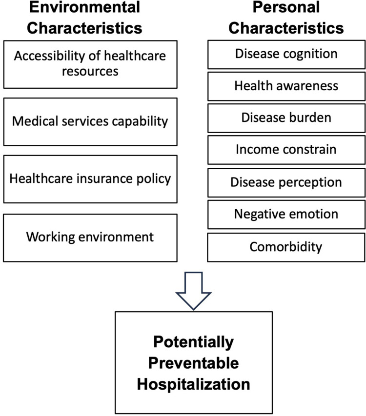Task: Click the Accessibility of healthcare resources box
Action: (x=90, y=64)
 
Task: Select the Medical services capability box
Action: (x=90, y=122)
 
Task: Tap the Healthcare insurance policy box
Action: (x=90, y=179)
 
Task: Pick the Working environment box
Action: (x=90, y=238)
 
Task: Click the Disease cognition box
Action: (x=286, y=55)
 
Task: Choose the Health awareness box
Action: (x=286, y=86)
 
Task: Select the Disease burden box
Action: (x=286, y=118)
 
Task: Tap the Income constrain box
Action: (x=286, y=150)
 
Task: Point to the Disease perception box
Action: (x=286, y=182)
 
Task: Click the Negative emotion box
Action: (x=286, y=215)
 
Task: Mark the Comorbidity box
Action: (x=286, y=247)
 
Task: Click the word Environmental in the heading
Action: (x=84, y=7)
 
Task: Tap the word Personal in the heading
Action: (x=286, y=7)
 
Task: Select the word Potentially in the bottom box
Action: (x=193, y=342)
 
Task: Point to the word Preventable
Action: (x=193, y=363)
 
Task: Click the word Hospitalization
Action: (x=193, y=384)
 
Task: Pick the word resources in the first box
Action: (x=90, y=72)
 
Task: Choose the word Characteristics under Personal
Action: (x=286, y=28)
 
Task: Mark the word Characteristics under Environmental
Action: (x=84, y=28)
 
